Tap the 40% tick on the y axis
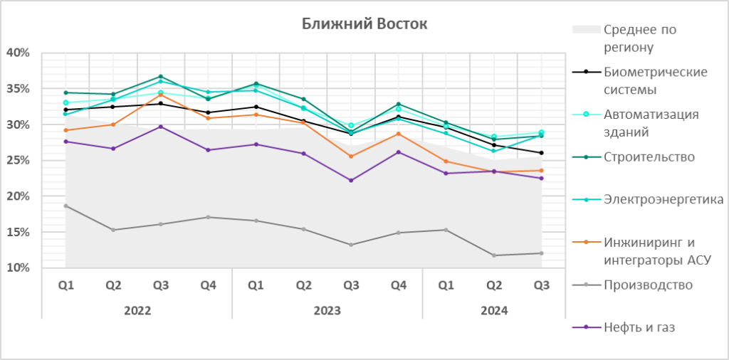[17, 53]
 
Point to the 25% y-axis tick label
[17, 160]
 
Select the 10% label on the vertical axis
[17, 268]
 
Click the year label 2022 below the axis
[137, 310]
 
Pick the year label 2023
[327, 310]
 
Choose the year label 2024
[494, 310]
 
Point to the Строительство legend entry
[649, 157]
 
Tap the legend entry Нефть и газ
[639, 327]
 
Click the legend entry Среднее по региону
[639, 38]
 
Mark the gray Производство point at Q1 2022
[65, 206]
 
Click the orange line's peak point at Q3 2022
[161, 95]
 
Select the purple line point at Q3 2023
[351, 180]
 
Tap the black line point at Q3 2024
[541, 153]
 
